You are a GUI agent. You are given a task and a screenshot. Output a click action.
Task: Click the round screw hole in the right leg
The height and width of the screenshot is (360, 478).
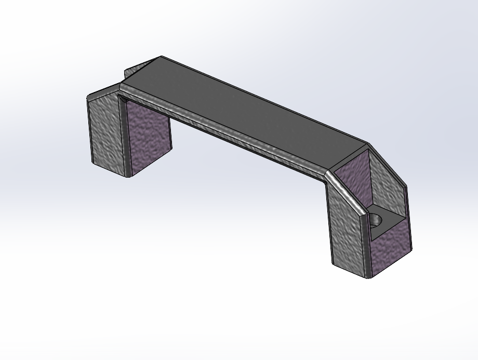tap(378, 221)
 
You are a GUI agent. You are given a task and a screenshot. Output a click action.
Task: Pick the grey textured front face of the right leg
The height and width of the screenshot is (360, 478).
tap(345, 229)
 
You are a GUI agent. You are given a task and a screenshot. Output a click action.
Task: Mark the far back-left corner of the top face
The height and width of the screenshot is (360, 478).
tap(162, 57)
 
